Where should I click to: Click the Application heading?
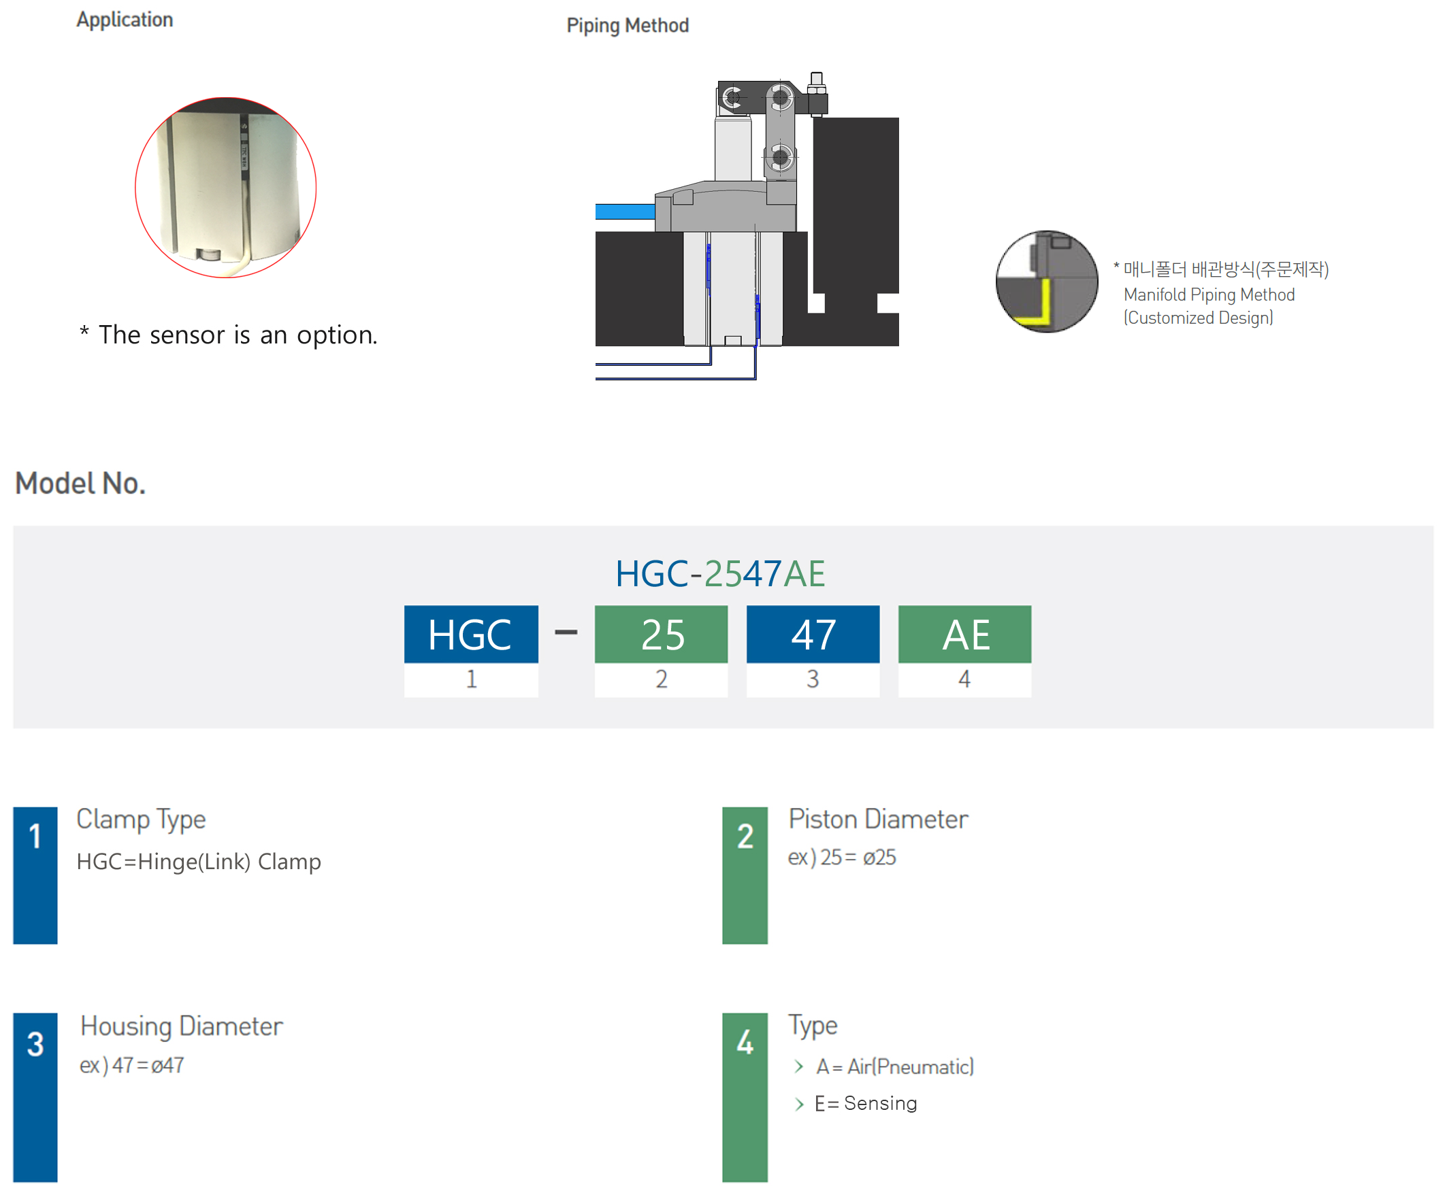[125, 20]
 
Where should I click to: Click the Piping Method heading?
[627, 25]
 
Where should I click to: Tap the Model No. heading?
[80, 484]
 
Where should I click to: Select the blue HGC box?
[470, 635]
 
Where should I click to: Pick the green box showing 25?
[661, 635]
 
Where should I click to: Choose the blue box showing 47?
[813, 635]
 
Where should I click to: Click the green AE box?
[964, 635]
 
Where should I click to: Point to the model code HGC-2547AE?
[720, 574]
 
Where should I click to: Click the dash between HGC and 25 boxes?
[566, 632]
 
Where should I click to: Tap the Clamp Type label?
[142, 820]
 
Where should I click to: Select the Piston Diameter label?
[878, 820]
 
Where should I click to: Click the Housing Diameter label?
[182, 1026]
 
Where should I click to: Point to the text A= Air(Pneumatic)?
[895, 1067]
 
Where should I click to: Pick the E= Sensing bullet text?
[866, 1103]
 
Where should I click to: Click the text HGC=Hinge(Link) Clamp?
[199, 862]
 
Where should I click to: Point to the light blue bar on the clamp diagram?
[625, 212]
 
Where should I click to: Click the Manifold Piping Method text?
[1209, 294]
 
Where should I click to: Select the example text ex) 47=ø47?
[131, 1066]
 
